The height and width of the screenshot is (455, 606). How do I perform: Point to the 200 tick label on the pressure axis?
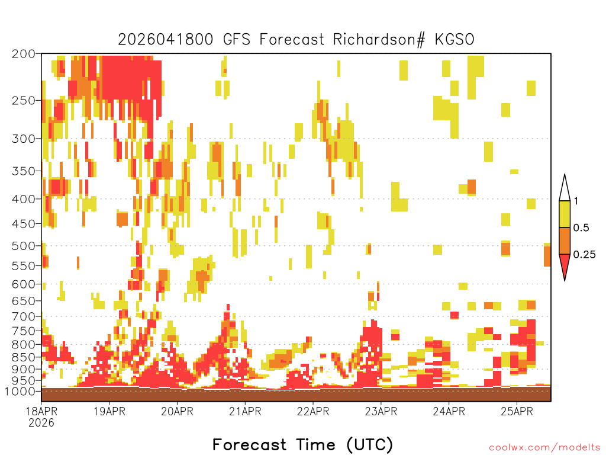point(24,54)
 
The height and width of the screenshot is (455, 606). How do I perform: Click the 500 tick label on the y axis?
point(24,246)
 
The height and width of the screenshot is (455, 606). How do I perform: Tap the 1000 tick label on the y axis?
point(21,392)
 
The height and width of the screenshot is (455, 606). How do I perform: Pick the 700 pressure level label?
point(24,316)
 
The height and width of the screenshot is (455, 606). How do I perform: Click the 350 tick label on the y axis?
point(24,171)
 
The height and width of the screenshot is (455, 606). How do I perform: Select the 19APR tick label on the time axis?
point(109,411)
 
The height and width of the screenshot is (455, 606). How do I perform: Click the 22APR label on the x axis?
point(312,411)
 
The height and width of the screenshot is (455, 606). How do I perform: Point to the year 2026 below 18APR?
point(41,422)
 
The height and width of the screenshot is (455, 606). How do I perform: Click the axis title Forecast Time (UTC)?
point(302,444)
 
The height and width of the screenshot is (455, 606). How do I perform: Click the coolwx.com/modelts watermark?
point(544,447)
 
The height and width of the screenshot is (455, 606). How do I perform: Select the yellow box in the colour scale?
point(565,214)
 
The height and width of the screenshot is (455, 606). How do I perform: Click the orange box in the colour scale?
point(565,241)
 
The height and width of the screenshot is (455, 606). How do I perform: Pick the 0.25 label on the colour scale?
point(584,255)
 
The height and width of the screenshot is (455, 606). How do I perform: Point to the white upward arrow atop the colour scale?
point(565,188)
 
